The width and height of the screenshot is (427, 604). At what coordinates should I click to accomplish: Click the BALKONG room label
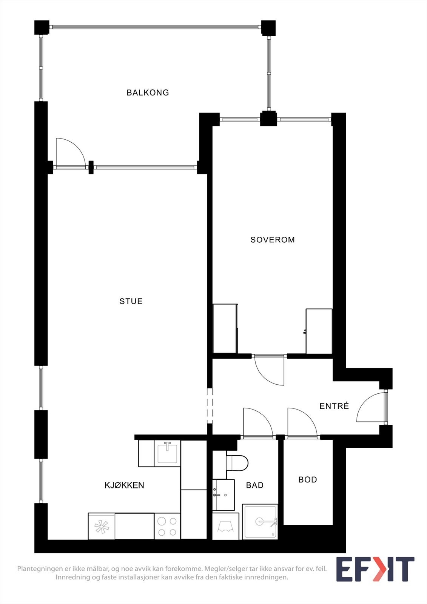pos(148,92)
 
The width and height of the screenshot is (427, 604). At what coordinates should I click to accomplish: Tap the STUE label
pos(131,301)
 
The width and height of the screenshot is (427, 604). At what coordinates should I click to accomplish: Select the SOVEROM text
pos(273,240)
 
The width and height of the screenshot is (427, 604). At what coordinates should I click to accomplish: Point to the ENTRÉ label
pos(334,406)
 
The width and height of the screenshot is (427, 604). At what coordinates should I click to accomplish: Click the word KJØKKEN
pos(124,485)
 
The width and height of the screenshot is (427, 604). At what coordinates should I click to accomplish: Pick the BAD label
pos(254,485)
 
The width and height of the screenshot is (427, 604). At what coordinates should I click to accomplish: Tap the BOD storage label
pos(307,480)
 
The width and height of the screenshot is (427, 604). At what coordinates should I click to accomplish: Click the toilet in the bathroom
pos(237,462)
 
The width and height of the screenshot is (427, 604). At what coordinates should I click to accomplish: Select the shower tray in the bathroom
pos(260,522)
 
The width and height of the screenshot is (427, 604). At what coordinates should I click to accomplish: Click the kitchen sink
pos(167,453)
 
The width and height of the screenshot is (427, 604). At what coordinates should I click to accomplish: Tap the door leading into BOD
pos(302,422)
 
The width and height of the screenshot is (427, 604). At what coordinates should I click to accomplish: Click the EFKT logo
pos(375,569)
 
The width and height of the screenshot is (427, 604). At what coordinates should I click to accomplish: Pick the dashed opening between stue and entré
pos(210,406)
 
